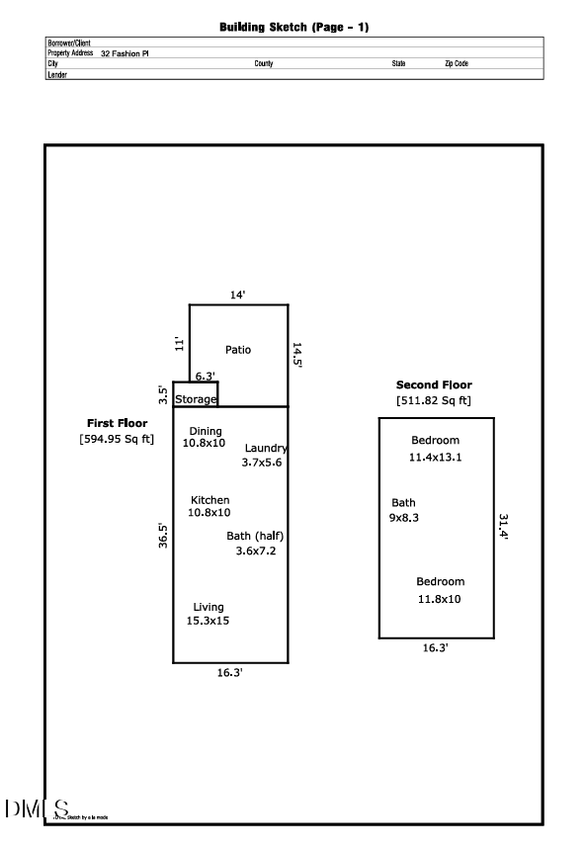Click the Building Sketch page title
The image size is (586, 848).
click(293, 28)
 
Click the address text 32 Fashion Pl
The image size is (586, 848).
click(125, 53)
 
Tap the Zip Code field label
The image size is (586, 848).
click(456, 63)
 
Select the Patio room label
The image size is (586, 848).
click(238, 350)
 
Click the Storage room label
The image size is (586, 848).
click(196, 399)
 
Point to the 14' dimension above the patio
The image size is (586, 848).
click(237, 295)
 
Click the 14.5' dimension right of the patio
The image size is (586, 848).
click(296, 356)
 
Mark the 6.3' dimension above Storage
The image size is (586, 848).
click(205, 377)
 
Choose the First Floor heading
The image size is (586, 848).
click(117, 423)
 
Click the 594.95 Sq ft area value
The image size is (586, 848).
click(117, 439)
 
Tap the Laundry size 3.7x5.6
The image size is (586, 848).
click(262, 462)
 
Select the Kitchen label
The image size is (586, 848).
click(209, 500)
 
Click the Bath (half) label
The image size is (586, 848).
click(256, 536)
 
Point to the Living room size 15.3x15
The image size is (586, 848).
click(209, 621)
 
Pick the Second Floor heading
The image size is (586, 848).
click(434, 384)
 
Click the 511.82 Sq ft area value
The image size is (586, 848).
click(434, 400)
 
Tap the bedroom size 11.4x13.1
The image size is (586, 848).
click(436, 458)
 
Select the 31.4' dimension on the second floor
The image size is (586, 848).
click(502, 526)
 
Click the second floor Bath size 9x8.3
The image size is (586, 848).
click(403, 517)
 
